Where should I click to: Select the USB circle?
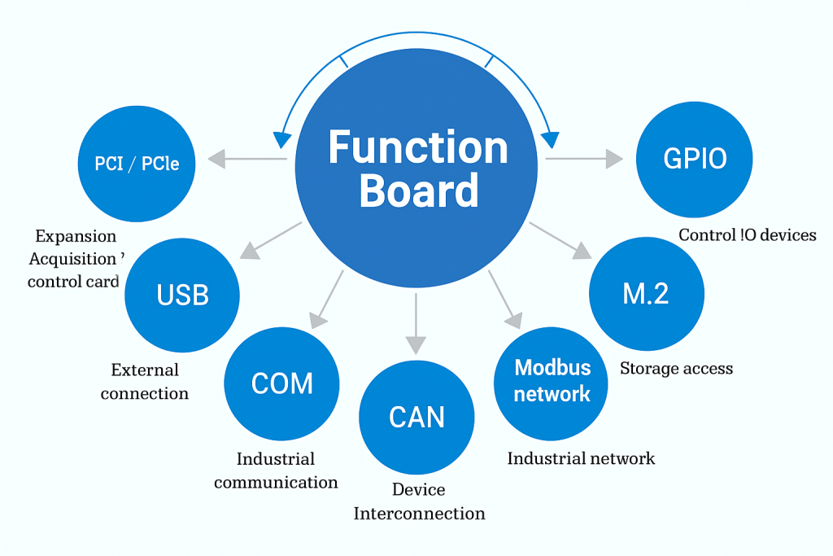pyautogui.click(x=183, y=295)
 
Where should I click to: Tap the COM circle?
pyautogui.click(x=281, y=383)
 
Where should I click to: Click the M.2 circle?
pyautogui.click(x=646, y=294)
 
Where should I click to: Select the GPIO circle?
pyautogui.click(x=694, y=159)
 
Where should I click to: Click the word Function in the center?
pyautogui.click(x=417, y=148)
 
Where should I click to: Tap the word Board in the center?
pyautogui.click(x=418, y=191)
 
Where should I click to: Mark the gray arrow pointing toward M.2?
pyautogui.click(x=560, y=241)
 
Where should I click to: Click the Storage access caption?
pyautogui.click(x=676, y=369)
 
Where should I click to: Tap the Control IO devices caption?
pyautogui.click(x=747, y=235)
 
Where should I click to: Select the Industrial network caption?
pyautogui.click(x=581, y=458)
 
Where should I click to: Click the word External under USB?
pyautogui.click(x=145, y=370)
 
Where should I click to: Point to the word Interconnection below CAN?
pyautogui.click(x=419, y=514)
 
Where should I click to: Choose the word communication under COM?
pyautogui.click(x=276, y=482)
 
